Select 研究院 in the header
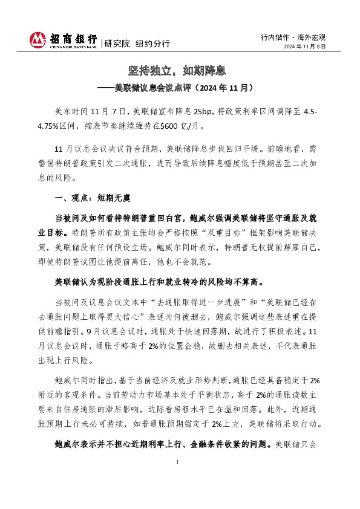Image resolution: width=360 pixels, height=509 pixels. (117, 44)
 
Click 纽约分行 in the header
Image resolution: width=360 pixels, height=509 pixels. (152, 44)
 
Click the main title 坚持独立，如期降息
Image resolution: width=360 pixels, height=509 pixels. (180, 71)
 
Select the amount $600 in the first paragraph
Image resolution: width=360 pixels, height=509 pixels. (172, 127)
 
